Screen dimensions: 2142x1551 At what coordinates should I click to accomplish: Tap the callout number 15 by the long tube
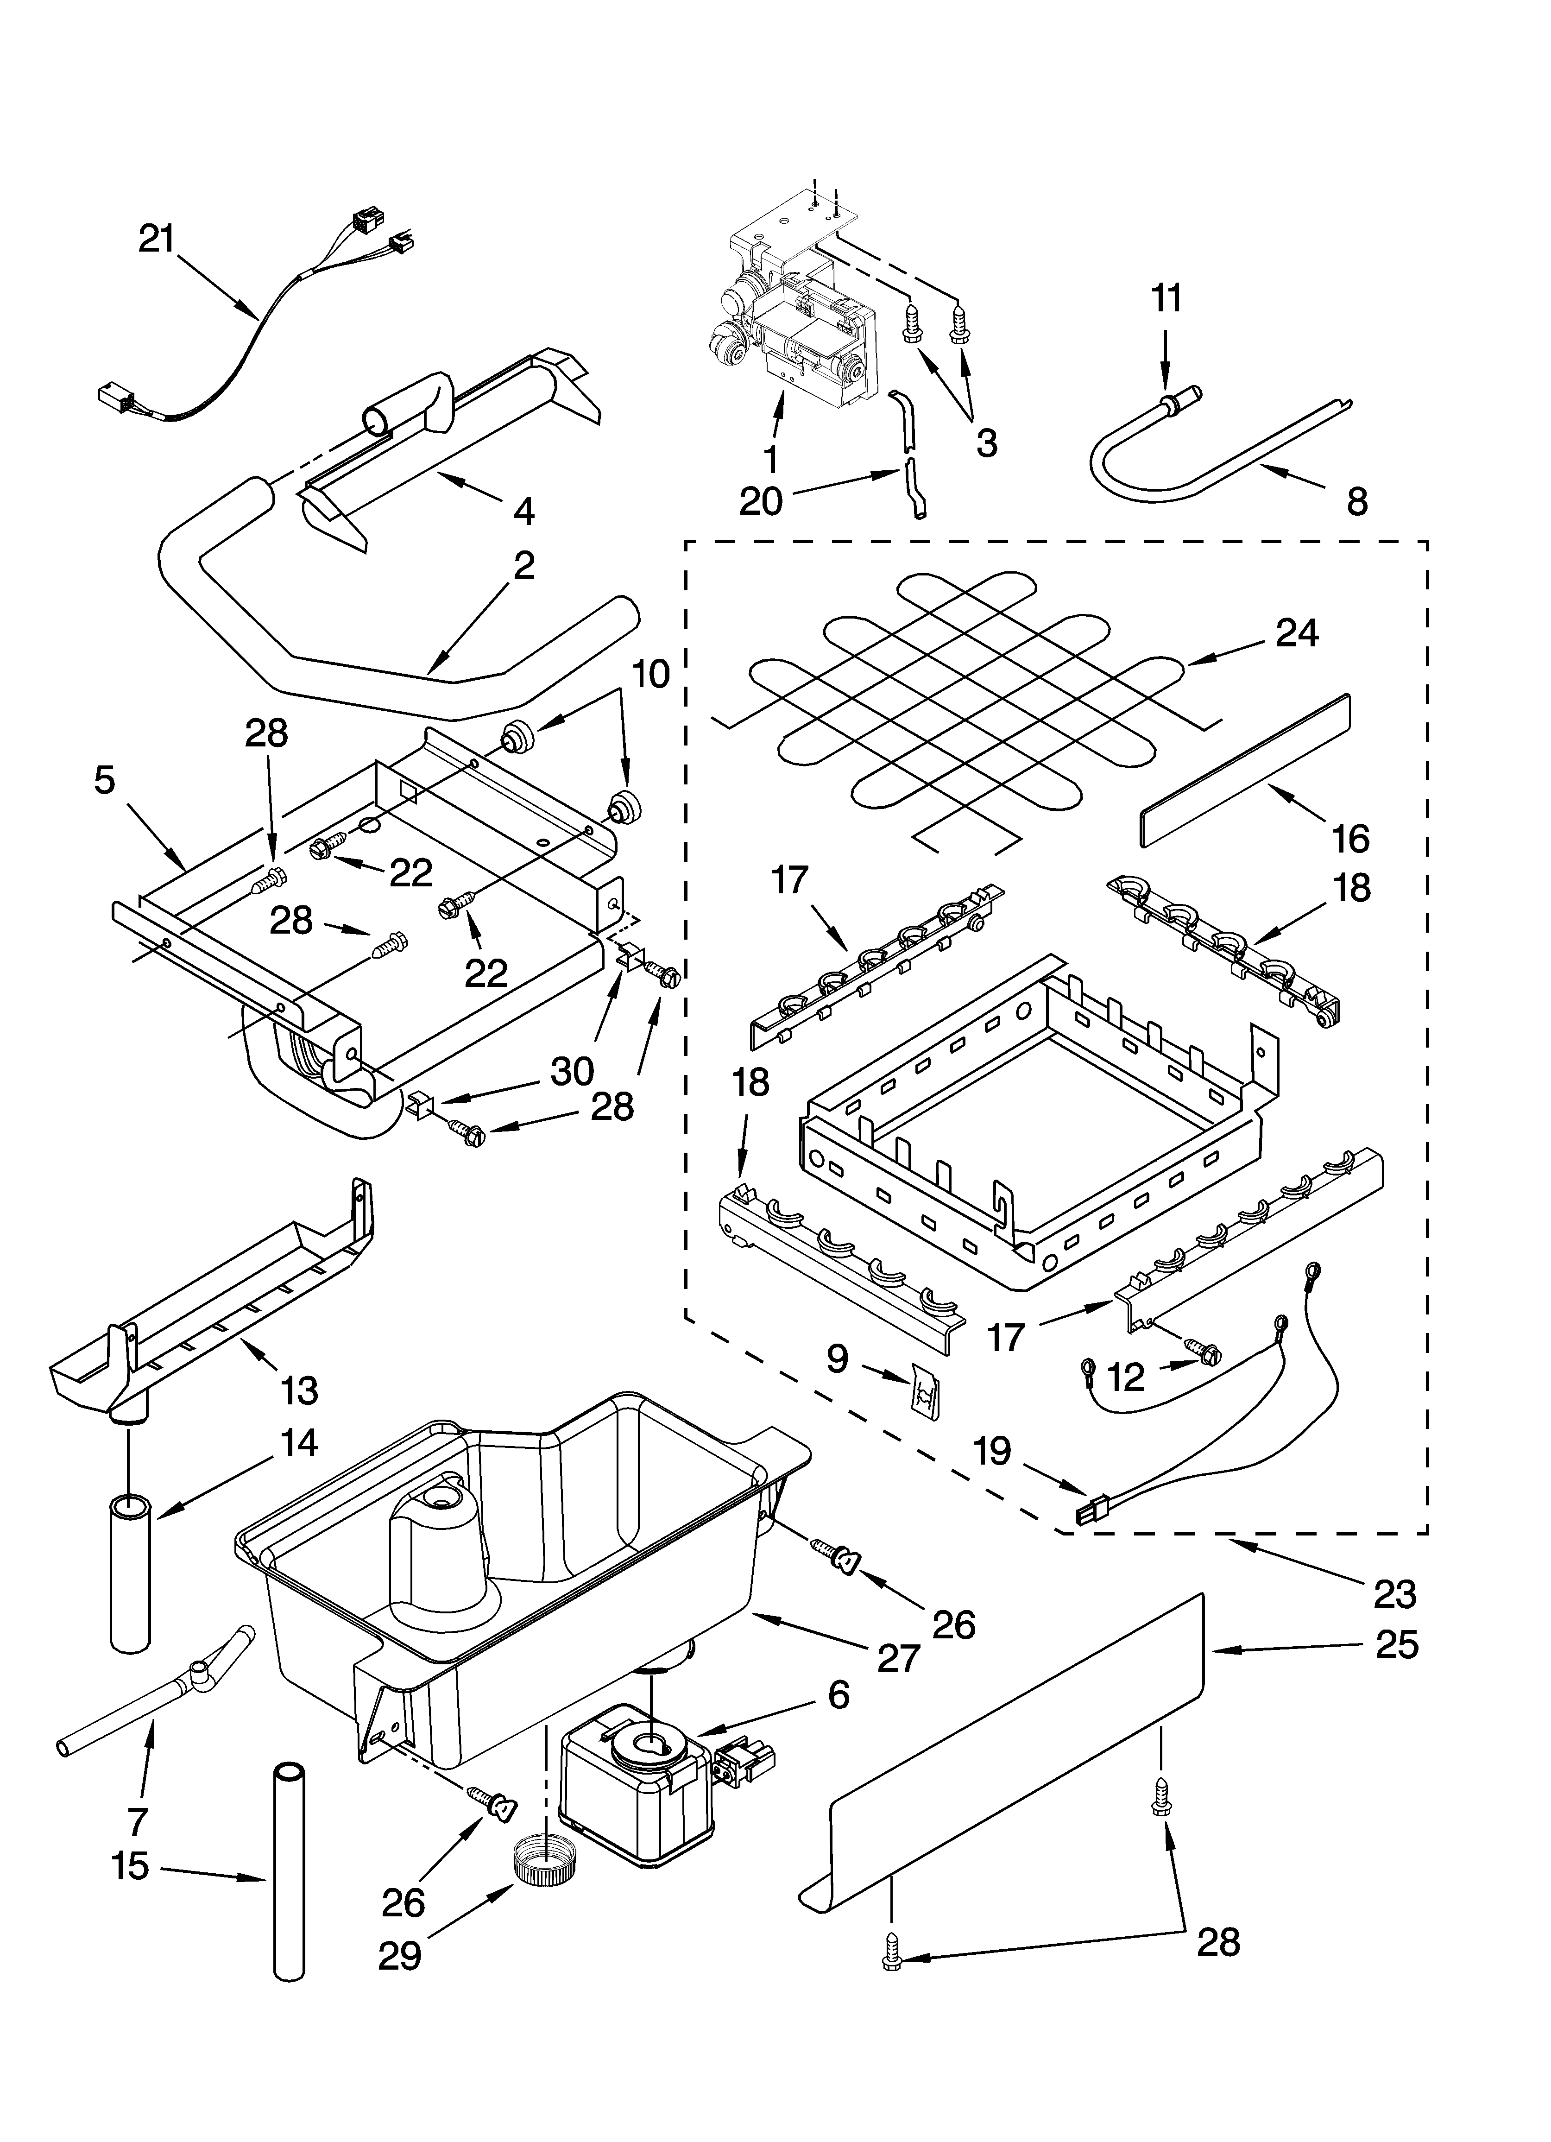tap(129, 1865)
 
